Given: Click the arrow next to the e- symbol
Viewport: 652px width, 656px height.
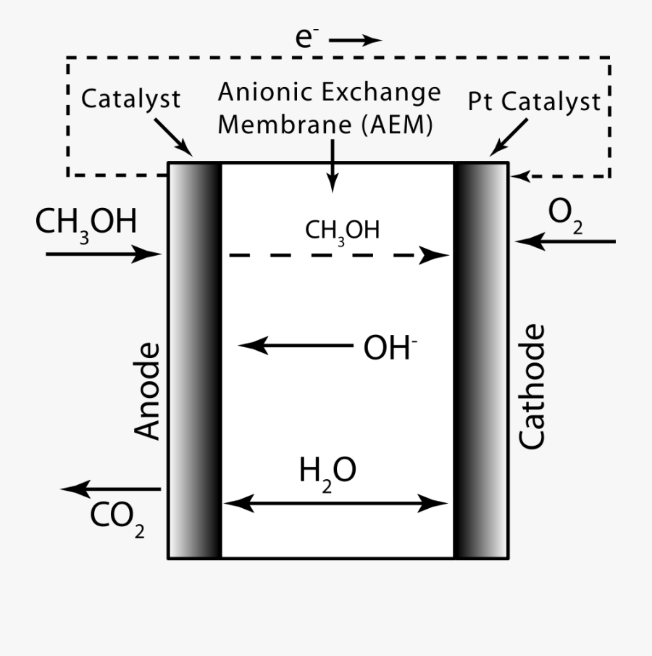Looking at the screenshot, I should (x=355, y=41).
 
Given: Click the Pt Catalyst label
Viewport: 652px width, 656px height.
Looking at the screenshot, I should (x=534, y=101).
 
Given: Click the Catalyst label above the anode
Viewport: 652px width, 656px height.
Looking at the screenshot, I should (x=130, y=99).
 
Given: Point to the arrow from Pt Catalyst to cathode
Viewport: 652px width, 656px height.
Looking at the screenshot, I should (x=509, y=138).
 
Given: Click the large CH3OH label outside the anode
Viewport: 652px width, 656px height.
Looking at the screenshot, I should (x=85, y=223).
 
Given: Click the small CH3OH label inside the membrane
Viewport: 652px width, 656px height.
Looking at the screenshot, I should (x=342, y=231).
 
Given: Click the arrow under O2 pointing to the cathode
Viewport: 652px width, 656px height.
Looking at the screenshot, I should (x=565, y=241).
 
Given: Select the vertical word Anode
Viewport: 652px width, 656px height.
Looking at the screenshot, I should (x=147, y=391).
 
